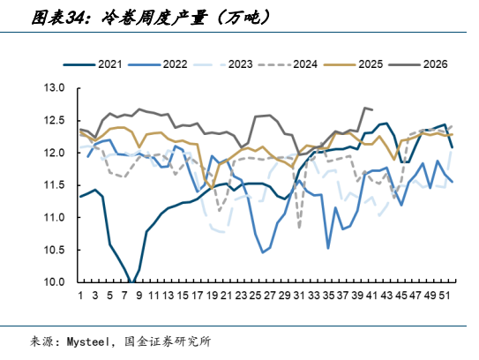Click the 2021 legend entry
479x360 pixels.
click(x=93, y=64)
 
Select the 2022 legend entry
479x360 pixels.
click(x=158, y=64)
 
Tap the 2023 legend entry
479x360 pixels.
click(x=223, y=64)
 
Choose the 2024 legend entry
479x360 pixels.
click(x=288, y=64)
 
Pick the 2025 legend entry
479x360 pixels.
click(x=354, y=64)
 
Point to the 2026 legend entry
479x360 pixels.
click(x=418, y=64)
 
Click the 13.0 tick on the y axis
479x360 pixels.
click(x=54, y=88)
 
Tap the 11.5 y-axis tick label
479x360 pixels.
click(x=54, y=185)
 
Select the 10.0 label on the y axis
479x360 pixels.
click(x=54, y=281)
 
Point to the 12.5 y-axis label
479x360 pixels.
click(x=54, y=120)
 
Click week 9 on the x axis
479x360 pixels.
click(x=139, y=296)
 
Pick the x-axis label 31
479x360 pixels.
click(x=299, y=296)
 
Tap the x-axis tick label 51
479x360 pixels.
click(x=445, y=296)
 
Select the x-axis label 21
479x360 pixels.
click(x=226, y=296)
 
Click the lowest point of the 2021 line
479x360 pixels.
click(x=131, y=282)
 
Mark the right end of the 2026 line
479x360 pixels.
click(x=372, y=109)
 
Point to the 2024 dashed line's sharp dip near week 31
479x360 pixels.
click(x=299, y=228)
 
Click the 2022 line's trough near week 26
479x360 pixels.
click(x=263, y=252)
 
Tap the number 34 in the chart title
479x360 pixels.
click(x=76, y=18)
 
